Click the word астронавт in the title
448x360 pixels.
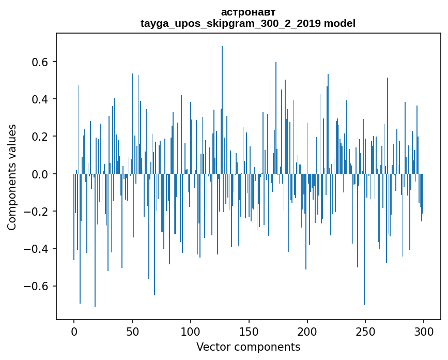click(248, 12)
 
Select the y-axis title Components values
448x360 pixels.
click(12, 177)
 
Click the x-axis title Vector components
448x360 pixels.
click(248, 347)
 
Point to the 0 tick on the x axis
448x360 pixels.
click(74, 331)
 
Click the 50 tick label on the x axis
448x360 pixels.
click(132, 331)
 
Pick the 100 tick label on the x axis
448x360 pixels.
click(191, 331)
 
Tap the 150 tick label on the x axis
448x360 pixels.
click(249, 331)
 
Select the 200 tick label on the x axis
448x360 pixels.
click(307, 331)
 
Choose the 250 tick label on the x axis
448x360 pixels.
click(366, 331)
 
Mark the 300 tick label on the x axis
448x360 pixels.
click(424, 331)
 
